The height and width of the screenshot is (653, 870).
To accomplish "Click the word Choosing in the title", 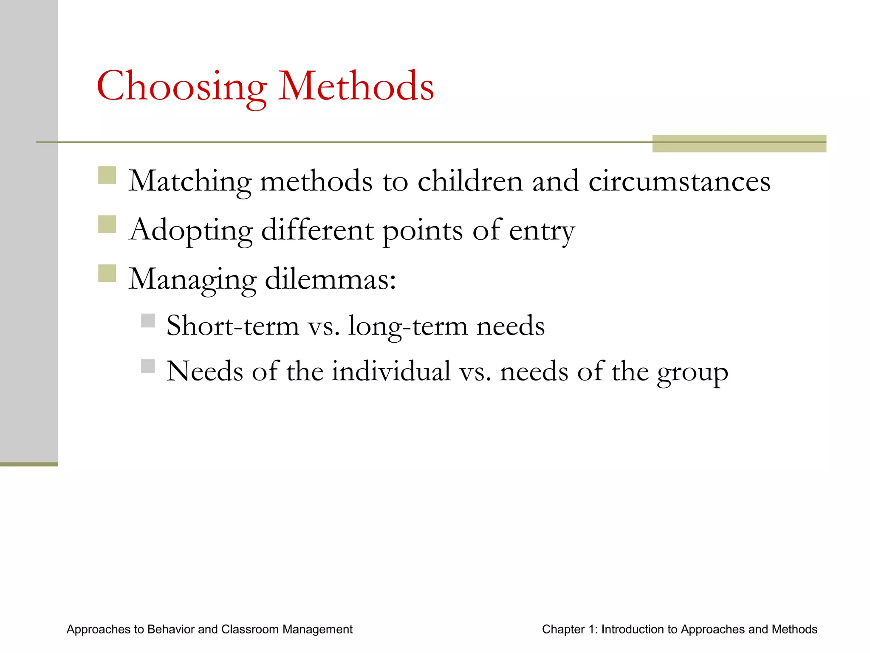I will pos(182,87).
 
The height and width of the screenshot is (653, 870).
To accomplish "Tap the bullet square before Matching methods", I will pos(107,175).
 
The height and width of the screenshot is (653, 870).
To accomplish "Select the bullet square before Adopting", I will pos(107,224).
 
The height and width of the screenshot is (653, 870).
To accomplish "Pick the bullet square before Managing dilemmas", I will pos(107,273).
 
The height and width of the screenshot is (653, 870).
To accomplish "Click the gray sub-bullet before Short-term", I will pos(148,321).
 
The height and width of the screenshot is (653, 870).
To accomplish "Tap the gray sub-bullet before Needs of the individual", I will pos(148,366).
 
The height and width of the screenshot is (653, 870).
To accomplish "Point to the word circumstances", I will pos(679,182).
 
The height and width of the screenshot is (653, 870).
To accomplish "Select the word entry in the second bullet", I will pos(542,231).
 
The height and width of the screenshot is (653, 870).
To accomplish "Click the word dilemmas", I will pos(330,280).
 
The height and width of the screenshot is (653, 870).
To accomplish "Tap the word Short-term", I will pos(233,326).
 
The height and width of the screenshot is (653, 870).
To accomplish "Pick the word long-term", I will pos(407,326).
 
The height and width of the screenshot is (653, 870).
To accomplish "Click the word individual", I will pos(391,372).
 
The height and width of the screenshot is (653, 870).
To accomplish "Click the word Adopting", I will pos(191,231).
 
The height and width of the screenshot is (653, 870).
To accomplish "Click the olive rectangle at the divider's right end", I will pos(739,144).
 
